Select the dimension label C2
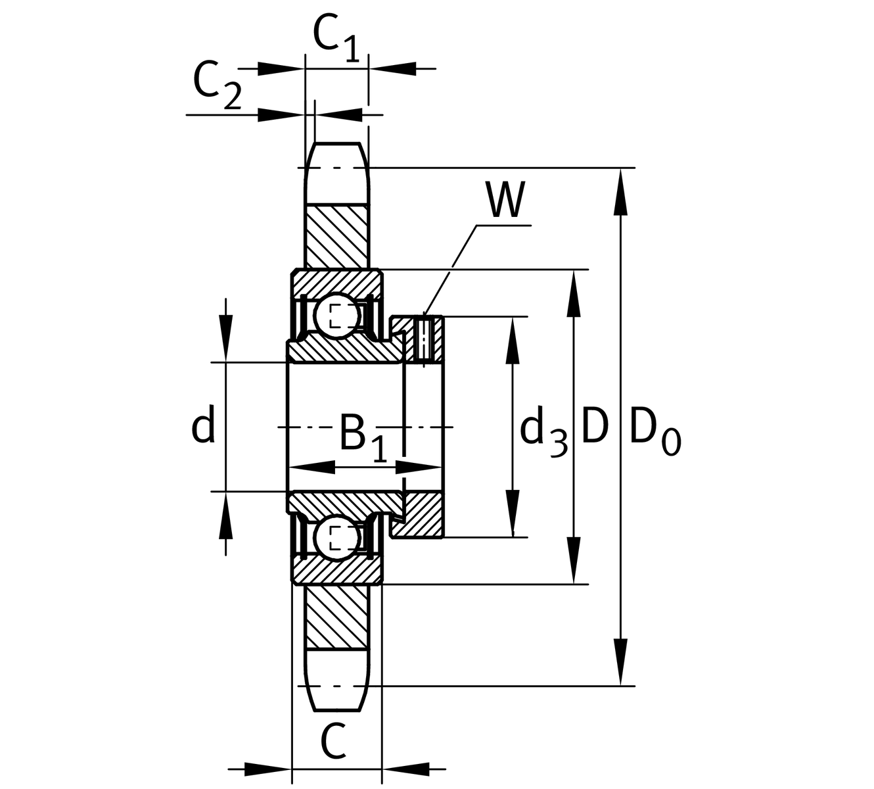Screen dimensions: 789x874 point(216,85)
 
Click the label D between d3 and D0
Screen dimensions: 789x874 point(595,426)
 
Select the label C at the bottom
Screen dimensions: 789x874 point(333,741)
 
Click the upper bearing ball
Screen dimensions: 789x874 point(336,316)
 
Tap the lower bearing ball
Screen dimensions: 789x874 point(336,538)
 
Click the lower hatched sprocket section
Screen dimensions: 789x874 point(337,615)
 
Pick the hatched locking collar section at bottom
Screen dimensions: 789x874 point(423,514)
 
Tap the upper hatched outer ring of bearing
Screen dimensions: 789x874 point(336,283)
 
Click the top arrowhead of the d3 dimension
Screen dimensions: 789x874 point(513,339)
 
